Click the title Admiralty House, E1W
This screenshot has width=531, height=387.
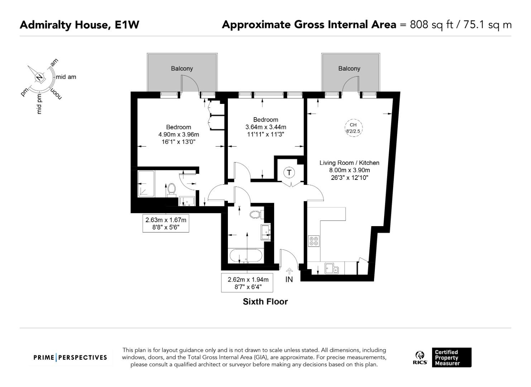[79, 25]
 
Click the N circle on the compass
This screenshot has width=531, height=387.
[39, 77]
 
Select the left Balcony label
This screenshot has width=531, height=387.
[182, 68]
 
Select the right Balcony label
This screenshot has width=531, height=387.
[349, 68]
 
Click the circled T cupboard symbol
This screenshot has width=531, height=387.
[289, 173]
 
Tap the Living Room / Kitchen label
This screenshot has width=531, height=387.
[349, 163]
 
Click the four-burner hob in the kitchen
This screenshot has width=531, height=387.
[314, 241]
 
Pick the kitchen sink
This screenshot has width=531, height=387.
[331, 268]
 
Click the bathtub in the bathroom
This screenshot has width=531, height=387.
[245, 256]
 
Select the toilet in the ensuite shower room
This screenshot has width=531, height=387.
[171, 189]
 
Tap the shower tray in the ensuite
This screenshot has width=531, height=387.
[146, 184]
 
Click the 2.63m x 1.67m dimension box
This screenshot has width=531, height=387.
[166, 223]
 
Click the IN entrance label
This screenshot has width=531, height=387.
[289, 279]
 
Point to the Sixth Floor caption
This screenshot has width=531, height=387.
[265, 302]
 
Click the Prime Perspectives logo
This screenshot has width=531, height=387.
[70, 357]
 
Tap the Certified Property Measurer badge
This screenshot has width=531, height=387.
[451, 357]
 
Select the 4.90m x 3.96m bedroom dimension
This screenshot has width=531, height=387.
[178, 135]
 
